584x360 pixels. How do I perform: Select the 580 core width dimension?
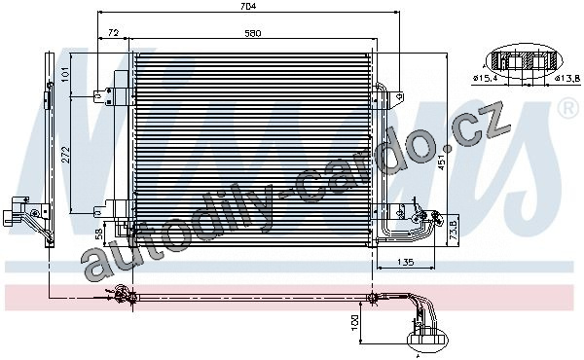pyautogui.click(x=253, y=33)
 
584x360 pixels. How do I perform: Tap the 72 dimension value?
pyautogui.click(x=113, y=33)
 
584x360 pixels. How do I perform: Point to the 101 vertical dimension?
pyautogui.click(x=65, y=75)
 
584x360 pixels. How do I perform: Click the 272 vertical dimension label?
pyautogui.click(x=65, y=155)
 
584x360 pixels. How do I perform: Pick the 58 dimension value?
pyautogui.click(x=99, y=234)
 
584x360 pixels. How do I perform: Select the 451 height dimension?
pyautogui.click(x=442, y=162)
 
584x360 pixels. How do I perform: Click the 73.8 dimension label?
pyautogui.click(x=454, y=232)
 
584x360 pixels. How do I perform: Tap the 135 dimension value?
pyautogui.click(x=406, y=262)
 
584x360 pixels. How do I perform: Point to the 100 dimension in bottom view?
pyautogui.click(x=354, y=322)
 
